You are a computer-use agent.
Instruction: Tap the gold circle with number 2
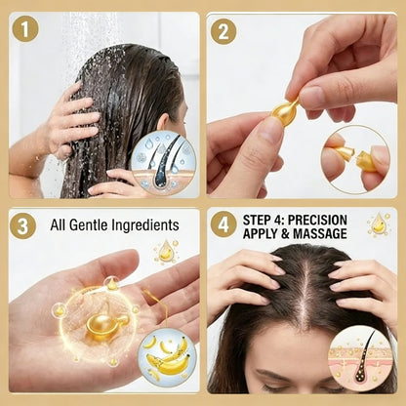click(224, 30)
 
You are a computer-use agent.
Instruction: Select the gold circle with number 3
click(23, 226)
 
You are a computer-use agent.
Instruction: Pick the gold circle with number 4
click(224, 226)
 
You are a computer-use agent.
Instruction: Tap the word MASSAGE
click(317, 234)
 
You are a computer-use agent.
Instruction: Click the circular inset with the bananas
click(170, 358)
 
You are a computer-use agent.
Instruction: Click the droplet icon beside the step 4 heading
click(378, 224)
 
